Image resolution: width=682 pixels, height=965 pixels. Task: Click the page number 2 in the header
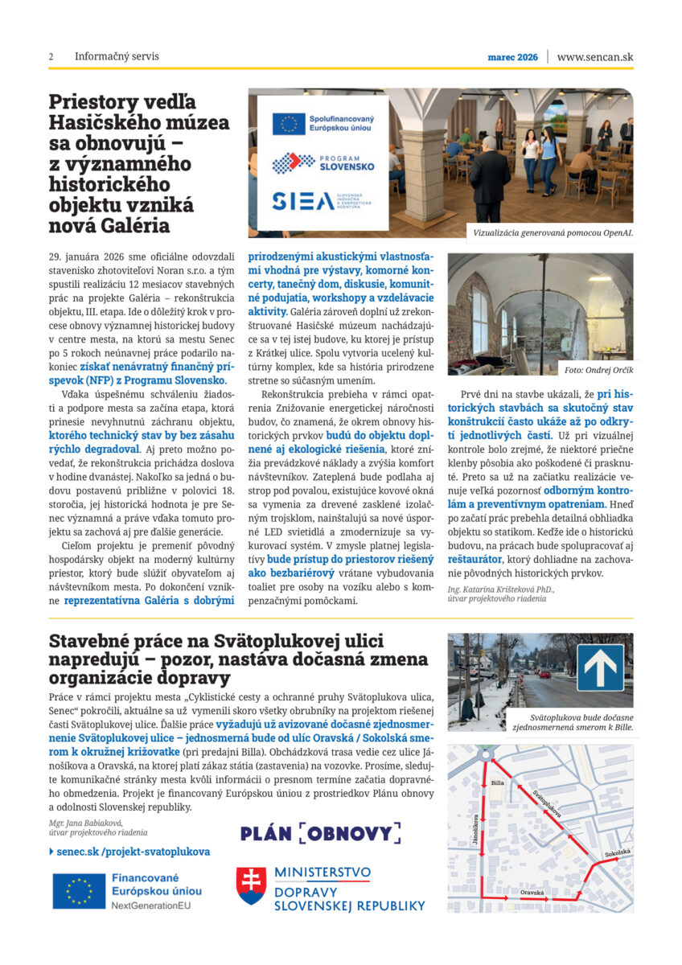[51, 57]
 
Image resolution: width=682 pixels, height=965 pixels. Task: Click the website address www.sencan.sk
[594, 57]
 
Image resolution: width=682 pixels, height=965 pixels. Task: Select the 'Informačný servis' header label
[117, 57]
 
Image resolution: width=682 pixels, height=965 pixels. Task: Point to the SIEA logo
[302, 201]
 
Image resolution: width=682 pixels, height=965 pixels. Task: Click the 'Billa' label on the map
[497, 782]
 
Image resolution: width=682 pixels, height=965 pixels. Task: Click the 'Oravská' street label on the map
[532, 893]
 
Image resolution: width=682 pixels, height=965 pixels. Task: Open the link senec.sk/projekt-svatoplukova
[134, 851]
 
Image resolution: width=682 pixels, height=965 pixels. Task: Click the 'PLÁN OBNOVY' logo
[320, 833]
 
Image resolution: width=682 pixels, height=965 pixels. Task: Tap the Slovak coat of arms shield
[250, 885]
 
